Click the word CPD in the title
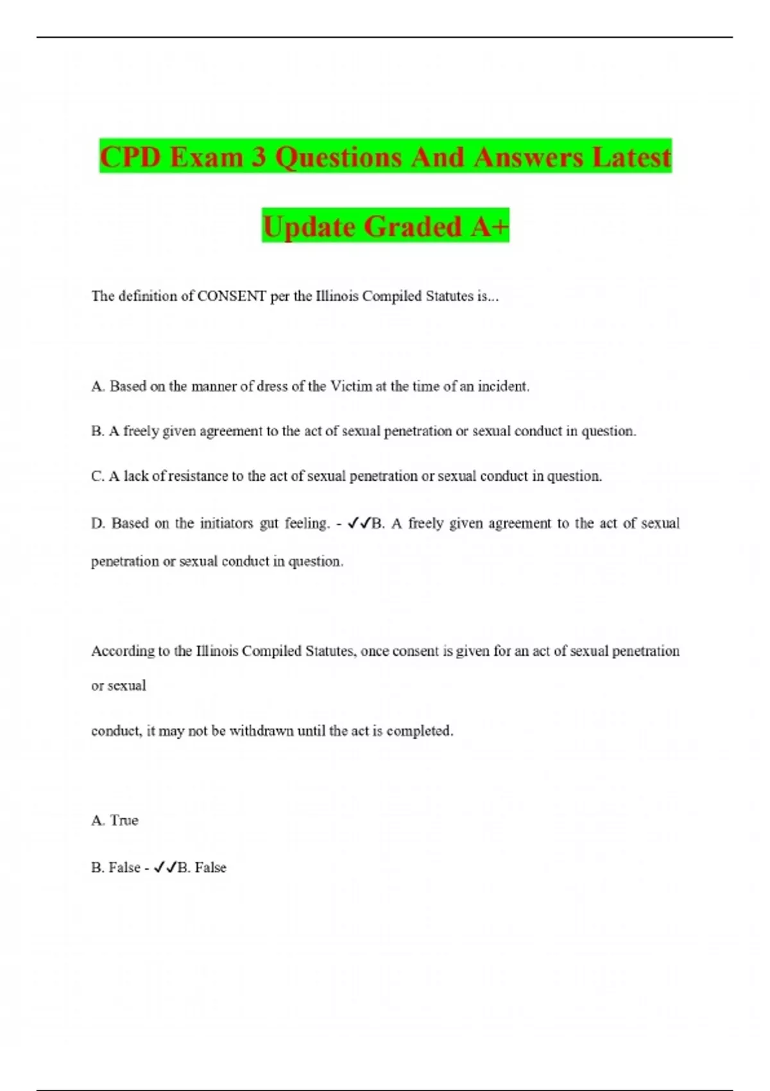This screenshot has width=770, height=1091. click(x=130, y=157)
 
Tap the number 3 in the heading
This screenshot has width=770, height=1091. click(x=259, y=157)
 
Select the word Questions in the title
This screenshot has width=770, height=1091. click(x=339, y=157)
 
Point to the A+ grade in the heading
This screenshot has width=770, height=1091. click(x=490, y=227)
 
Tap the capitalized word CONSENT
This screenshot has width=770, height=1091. click(x=232, y=296)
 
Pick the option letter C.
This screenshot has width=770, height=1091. click(x=98, y=476)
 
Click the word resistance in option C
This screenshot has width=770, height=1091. click(x=198, y=476)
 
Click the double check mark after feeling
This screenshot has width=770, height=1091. click(x=358, y=524)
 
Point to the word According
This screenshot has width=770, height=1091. click(x=123, y=651)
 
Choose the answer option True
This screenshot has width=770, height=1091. click(x=124, y=821)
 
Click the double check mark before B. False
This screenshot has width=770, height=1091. click(x=164, y=868)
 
